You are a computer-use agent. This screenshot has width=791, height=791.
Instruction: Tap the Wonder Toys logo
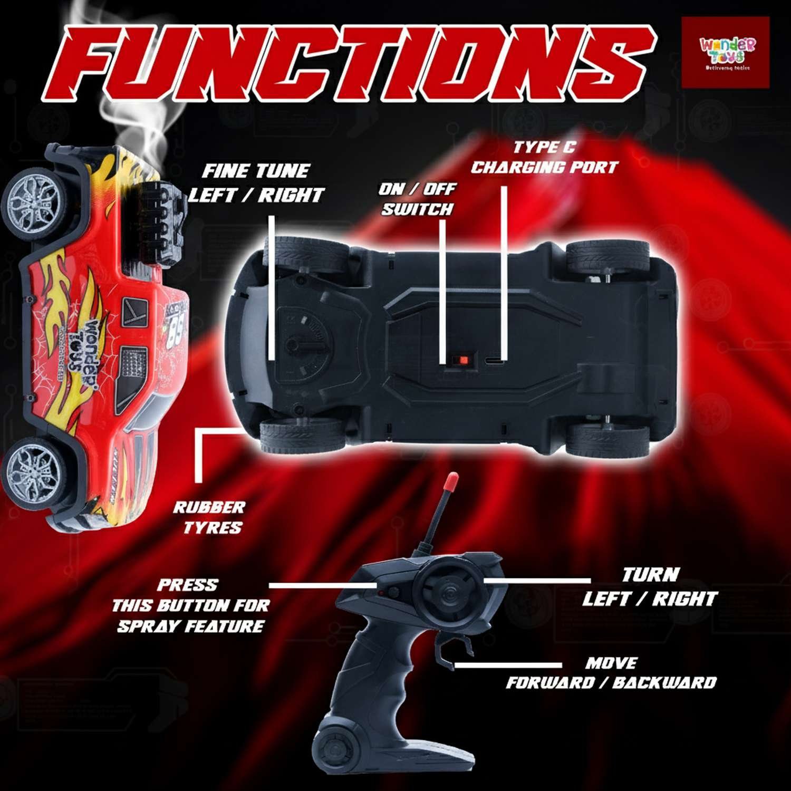click(726, 53)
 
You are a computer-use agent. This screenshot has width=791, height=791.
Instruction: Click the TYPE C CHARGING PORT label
click(544, 157)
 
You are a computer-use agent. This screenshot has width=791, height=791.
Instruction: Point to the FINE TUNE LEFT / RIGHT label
click(257, 183)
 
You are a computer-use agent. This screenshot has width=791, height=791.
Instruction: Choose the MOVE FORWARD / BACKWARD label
click(611, 673)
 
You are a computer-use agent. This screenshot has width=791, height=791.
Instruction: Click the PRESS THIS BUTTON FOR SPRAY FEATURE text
click(190, 605)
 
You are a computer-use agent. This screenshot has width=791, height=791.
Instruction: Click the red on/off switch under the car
click(464, 360)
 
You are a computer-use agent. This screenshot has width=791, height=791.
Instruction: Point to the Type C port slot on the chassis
click(495, 361)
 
